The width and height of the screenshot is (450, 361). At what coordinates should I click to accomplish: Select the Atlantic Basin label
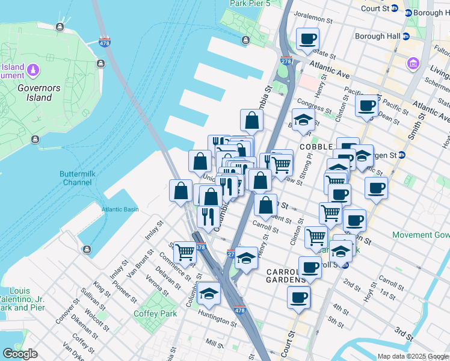point(119,209)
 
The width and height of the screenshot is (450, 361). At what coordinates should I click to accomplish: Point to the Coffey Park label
point(155,313)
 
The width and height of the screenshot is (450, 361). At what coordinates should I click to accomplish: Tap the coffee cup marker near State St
point(307,40)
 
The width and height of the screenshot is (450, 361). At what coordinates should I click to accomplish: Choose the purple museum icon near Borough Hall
point(413,63)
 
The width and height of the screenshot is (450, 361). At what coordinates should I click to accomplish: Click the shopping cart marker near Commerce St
point(185,253)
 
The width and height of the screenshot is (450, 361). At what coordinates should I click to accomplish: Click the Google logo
point(20,354)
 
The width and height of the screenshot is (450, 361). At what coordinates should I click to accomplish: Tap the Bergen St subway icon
point(402,155)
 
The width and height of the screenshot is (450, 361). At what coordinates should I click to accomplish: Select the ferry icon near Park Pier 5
point(245,40)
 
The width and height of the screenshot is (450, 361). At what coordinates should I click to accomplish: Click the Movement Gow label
point(421,235)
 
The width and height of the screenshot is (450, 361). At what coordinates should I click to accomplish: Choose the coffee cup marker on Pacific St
point(366,106)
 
